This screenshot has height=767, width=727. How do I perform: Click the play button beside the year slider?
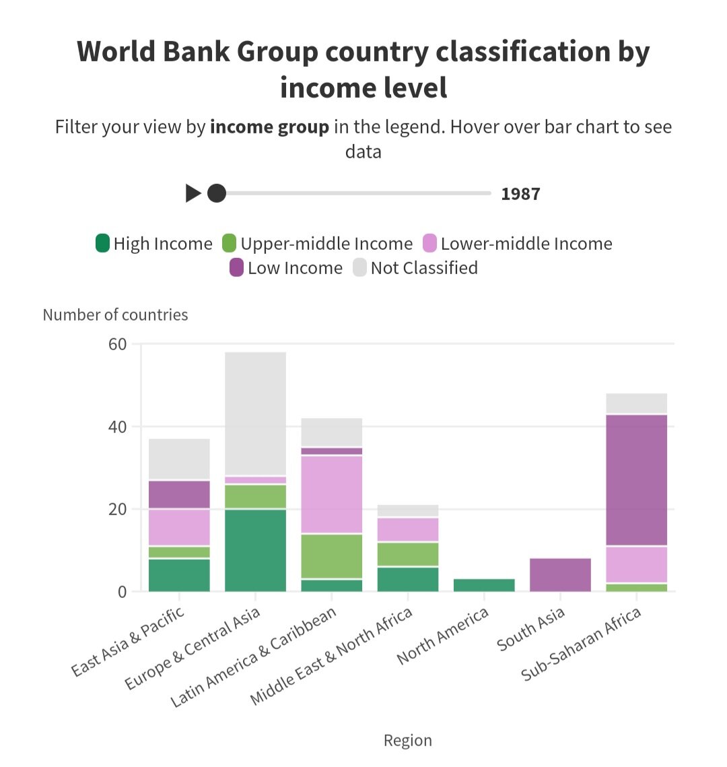[193, 194]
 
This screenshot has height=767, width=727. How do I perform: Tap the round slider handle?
[216, 194]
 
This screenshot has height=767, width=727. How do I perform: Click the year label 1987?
[520, 195]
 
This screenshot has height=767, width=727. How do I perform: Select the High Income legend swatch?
[103, 243]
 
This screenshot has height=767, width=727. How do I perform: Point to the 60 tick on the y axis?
[117, 344]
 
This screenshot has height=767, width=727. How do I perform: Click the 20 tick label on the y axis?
[117, 510]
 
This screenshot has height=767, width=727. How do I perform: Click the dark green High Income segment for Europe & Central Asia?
[255, 550]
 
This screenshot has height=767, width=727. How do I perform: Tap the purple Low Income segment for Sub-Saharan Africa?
[637, 479]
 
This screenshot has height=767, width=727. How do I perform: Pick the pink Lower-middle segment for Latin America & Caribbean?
[332, 494]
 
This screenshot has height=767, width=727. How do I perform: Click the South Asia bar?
[560, 574]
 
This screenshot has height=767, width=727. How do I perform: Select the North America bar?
[484, 585]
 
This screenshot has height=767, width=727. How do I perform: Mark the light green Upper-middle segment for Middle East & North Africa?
[408, 554]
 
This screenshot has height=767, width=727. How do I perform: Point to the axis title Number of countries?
[115, 314]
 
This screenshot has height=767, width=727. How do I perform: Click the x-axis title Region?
[407, 741]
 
